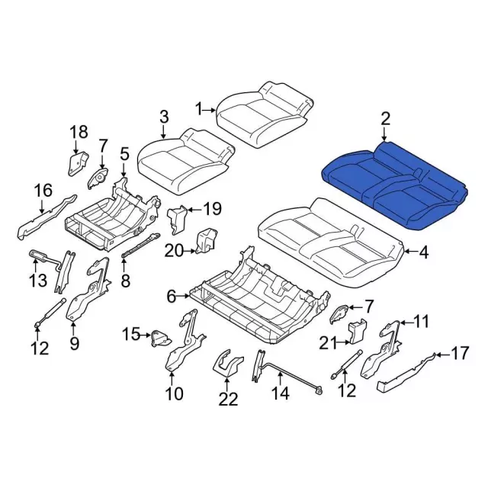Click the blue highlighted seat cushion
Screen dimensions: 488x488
pyautogui.click(x=394, y=187)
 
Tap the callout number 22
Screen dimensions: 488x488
pyautogui.click(x=228, y=400)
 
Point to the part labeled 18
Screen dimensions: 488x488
pyautogui.click(x=77, y=164)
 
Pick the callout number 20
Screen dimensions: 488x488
pyautogui.click(x=175, y=251)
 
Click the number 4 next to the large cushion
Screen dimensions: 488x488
pyautogui.click(x=424, y=252)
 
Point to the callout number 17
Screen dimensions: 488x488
pyautogui.click(x=459, y=353)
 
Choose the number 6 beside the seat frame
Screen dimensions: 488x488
pyautogui.click(x=172, y=297)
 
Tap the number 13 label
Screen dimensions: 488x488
pyautogui.click(x=38, y=280)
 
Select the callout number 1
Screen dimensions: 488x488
pyautogui.click(x=199, y=110)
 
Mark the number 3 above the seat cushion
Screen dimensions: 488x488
pyautogui.click(x=164, y=117)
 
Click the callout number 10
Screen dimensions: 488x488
pyautogui.click(x=175, y=394)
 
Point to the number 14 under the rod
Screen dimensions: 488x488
pyautogui.click(x=280, y=393)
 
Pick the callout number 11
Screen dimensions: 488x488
pyautogui.click(x=420, y=321)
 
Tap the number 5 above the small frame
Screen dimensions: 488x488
pyautogui.click(x=124, y=154)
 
